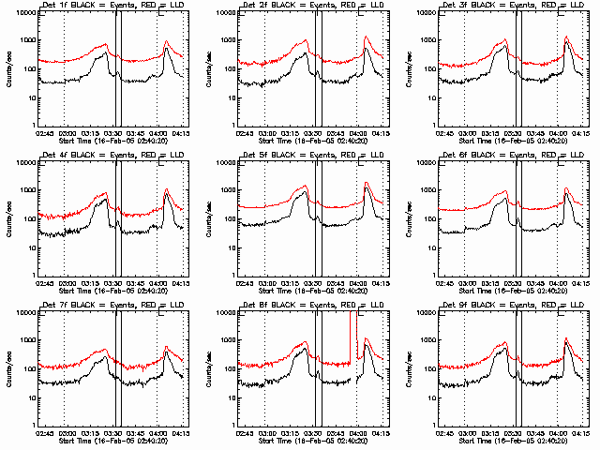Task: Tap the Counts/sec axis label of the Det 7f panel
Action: (7, 368)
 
